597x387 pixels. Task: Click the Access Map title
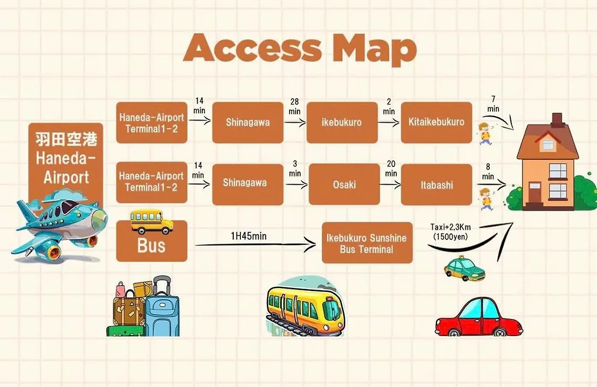[300, 49]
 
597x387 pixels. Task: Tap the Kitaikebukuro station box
[436, 122]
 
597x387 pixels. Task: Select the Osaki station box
[344, 184]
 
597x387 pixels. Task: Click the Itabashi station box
[436, 185]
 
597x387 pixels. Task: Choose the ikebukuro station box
[342, 122]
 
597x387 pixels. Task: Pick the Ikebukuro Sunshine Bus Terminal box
[367, 243]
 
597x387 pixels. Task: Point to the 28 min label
[294, 106]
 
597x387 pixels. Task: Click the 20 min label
[391, 169]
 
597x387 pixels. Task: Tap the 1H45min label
[249, 236]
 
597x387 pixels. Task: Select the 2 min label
[389, 106]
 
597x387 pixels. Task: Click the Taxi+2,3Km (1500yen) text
[451, 232]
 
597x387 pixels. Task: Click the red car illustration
[479, 317]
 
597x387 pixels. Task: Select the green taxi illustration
[464, 269]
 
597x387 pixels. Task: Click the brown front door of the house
[535, 194]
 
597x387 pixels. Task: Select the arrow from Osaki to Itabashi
[391, 185]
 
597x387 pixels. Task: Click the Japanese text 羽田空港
[66, 139]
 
